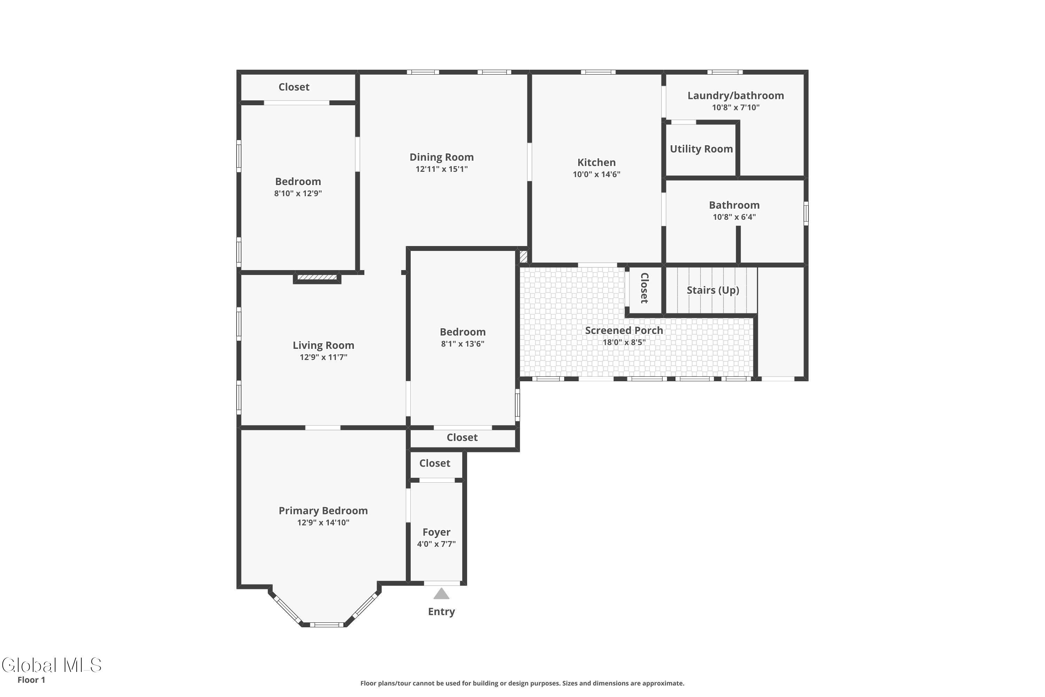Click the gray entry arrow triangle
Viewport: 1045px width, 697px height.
441,594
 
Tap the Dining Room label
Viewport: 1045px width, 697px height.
442,157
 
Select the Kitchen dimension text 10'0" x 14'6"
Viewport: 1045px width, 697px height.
596,174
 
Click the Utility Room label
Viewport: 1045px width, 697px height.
701,149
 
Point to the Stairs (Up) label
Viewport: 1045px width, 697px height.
713,290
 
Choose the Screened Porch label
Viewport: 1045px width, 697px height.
624,330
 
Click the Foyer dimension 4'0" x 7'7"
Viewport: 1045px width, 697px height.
436,544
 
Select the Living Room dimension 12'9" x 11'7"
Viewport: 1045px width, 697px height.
324,357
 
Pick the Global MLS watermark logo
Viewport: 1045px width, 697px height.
52,665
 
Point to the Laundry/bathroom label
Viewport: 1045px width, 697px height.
735,95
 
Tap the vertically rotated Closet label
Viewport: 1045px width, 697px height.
644,288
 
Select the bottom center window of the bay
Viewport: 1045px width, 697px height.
327,625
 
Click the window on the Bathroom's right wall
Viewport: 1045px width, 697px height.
806,213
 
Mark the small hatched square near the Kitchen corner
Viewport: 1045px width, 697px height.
524,256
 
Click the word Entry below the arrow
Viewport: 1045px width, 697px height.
441,612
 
